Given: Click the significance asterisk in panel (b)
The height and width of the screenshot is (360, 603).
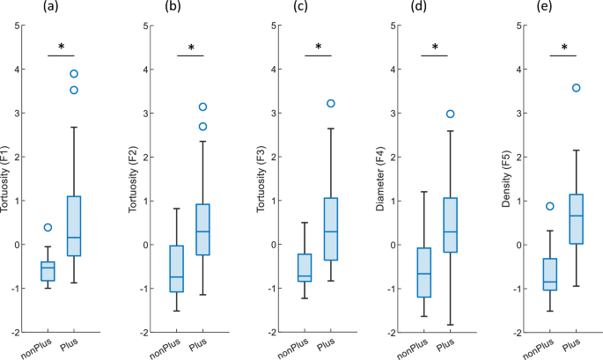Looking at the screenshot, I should click(x=190, y=48).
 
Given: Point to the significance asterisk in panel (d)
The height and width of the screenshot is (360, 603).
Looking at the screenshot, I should click(x=434, y=48).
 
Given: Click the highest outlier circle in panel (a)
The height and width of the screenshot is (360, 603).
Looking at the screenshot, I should click(x=74, y=74).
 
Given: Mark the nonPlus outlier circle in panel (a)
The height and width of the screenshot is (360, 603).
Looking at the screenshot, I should click(x=48, y=228).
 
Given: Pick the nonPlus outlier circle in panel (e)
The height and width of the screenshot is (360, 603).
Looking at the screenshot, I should click(x=550, y=206).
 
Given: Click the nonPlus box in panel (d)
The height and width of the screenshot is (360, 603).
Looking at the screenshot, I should click(x=422, y=273).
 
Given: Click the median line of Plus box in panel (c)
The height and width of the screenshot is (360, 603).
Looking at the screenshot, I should click(x=332, y=231).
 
